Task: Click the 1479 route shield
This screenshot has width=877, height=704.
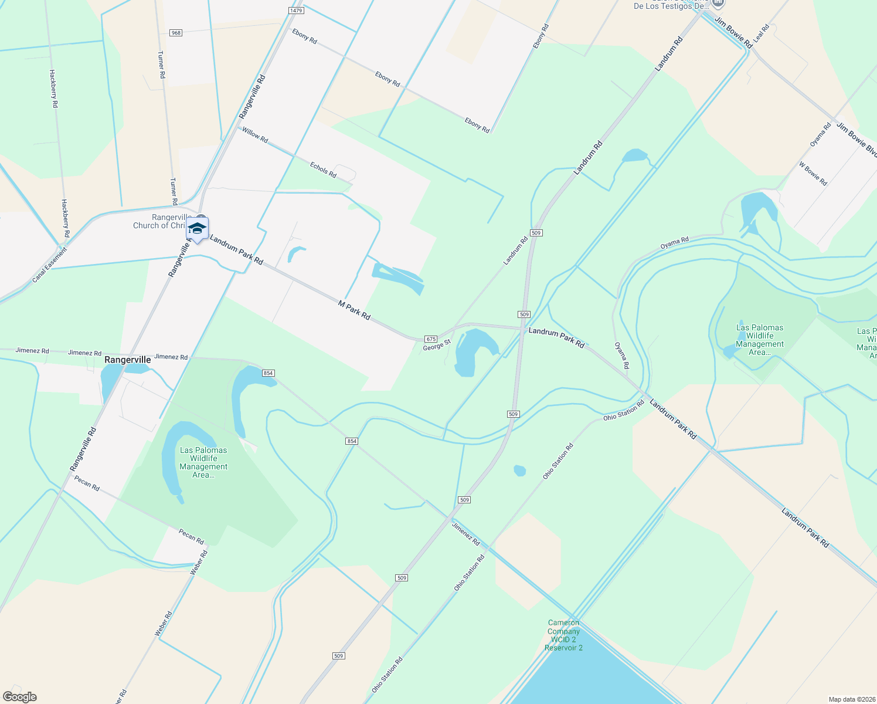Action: pos(296,11)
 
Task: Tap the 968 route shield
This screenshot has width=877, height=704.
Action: pos(176,33)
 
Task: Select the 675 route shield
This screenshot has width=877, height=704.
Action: pos(431,339)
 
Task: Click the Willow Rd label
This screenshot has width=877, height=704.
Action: pos(255,135)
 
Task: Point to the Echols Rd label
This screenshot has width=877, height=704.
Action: pos(323,170)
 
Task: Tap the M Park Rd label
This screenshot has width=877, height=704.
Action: pos(354,310)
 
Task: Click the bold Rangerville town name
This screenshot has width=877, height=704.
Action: pos(127,360)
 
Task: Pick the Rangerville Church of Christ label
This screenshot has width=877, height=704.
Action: pos(159,221)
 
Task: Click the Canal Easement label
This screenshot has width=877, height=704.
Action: pos(50,265)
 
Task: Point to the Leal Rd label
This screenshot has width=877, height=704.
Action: pos(761,33)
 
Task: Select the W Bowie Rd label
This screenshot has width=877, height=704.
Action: pos(813,174)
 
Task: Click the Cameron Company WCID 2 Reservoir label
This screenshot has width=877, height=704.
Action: pos(563,635)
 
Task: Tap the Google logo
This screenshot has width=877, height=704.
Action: pos(20,697)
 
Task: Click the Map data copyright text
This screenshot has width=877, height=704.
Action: pos(851,699)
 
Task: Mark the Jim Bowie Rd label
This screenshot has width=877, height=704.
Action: pos(733,33)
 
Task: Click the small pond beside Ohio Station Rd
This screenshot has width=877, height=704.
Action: pos(519,471)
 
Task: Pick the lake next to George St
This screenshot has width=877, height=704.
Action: pos(469,352)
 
